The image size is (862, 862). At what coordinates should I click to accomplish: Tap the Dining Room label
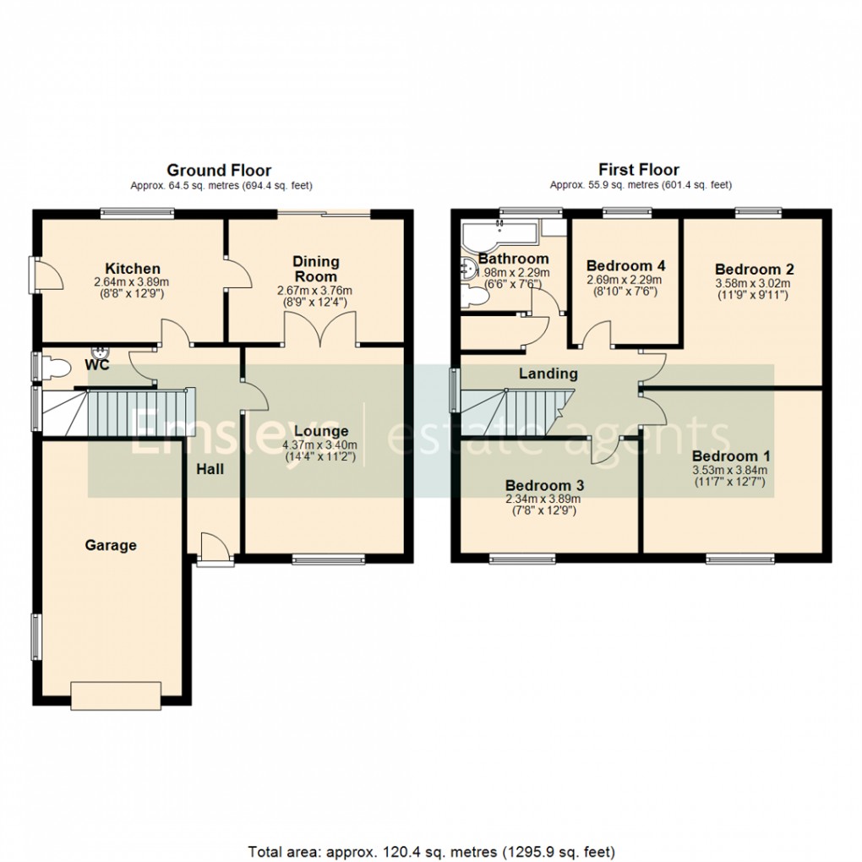[316, 269]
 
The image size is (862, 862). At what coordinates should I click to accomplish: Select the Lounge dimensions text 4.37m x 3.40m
[321, 445]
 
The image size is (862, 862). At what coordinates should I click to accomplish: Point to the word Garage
[111, 545]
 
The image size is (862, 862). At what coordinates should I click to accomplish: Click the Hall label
[210, 468]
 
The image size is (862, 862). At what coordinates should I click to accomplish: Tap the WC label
[97, 365]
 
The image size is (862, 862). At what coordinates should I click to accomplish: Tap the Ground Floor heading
[219, 171]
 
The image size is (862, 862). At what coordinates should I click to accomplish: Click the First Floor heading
[639, 170]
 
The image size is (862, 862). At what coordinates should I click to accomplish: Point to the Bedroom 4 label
[625, 265]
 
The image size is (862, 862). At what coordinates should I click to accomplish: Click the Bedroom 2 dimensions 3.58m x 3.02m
[754, 284]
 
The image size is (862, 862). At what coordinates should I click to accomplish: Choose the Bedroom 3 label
[544, 485]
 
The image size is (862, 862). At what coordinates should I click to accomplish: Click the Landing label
[548, 373]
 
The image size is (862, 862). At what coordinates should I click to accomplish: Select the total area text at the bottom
[431, 850]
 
